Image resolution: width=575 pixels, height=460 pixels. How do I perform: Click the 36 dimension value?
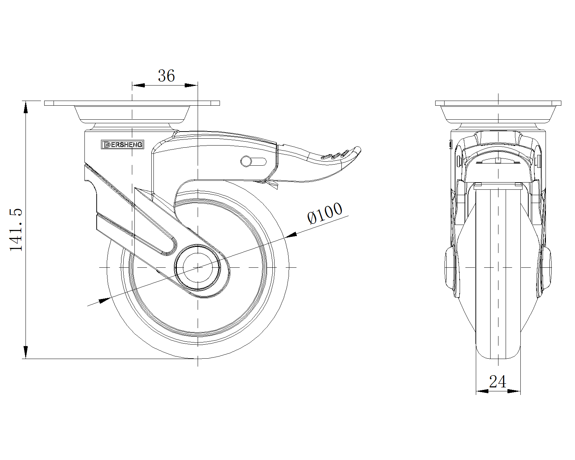pos(166,75)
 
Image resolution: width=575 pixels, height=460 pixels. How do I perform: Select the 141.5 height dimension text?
pos(16,230)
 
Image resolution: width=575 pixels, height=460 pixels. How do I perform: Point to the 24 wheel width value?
pos(497,382)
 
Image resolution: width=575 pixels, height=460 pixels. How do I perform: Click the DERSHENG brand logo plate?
pos(123,144)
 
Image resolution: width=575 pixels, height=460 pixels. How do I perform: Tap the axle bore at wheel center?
pos(197,267)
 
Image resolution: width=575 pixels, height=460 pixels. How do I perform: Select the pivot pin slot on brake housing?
pos(253,161)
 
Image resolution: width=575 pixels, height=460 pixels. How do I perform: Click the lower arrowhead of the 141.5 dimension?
pos(26,352)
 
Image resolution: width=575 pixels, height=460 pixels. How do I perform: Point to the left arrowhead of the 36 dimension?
pos(138,85)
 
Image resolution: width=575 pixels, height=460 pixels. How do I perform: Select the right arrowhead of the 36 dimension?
pos(191,85)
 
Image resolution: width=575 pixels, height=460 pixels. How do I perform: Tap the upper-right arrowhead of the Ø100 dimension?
pos(291,235)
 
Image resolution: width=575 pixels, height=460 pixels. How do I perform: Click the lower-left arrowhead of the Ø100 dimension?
pos(105,300)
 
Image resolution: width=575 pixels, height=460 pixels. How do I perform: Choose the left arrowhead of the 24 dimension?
pos(482,391)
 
